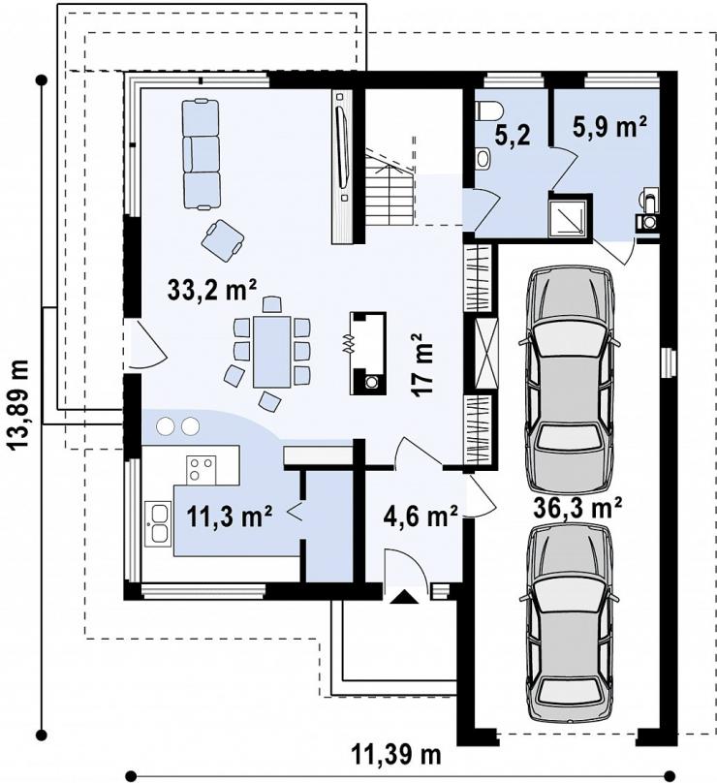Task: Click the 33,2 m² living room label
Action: tap(213, 290)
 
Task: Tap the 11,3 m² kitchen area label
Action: tap(230, 517)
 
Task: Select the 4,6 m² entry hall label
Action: tap(421, 517)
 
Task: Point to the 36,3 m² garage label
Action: tap(577, 509)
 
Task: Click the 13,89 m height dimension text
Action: tap(20, 404)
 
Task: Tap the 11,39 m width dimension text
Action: tap(397, 755)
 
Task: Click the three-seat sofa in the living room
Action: tap(202, 154)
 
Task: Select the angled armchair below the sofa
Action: tap(223, 240)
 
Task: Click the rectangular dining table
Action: tap(272, 351)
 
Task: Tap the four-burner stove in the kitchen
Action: tap(202, 470)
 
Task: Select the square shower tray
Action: tap(569, 217)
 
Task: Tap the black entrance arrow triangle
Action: tap(403, 597)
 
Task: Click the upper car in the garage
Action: tap(569, 379)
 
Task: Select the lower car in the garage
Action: tap(569, 624)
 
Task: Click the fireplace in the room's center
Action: tap(368, 354)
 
